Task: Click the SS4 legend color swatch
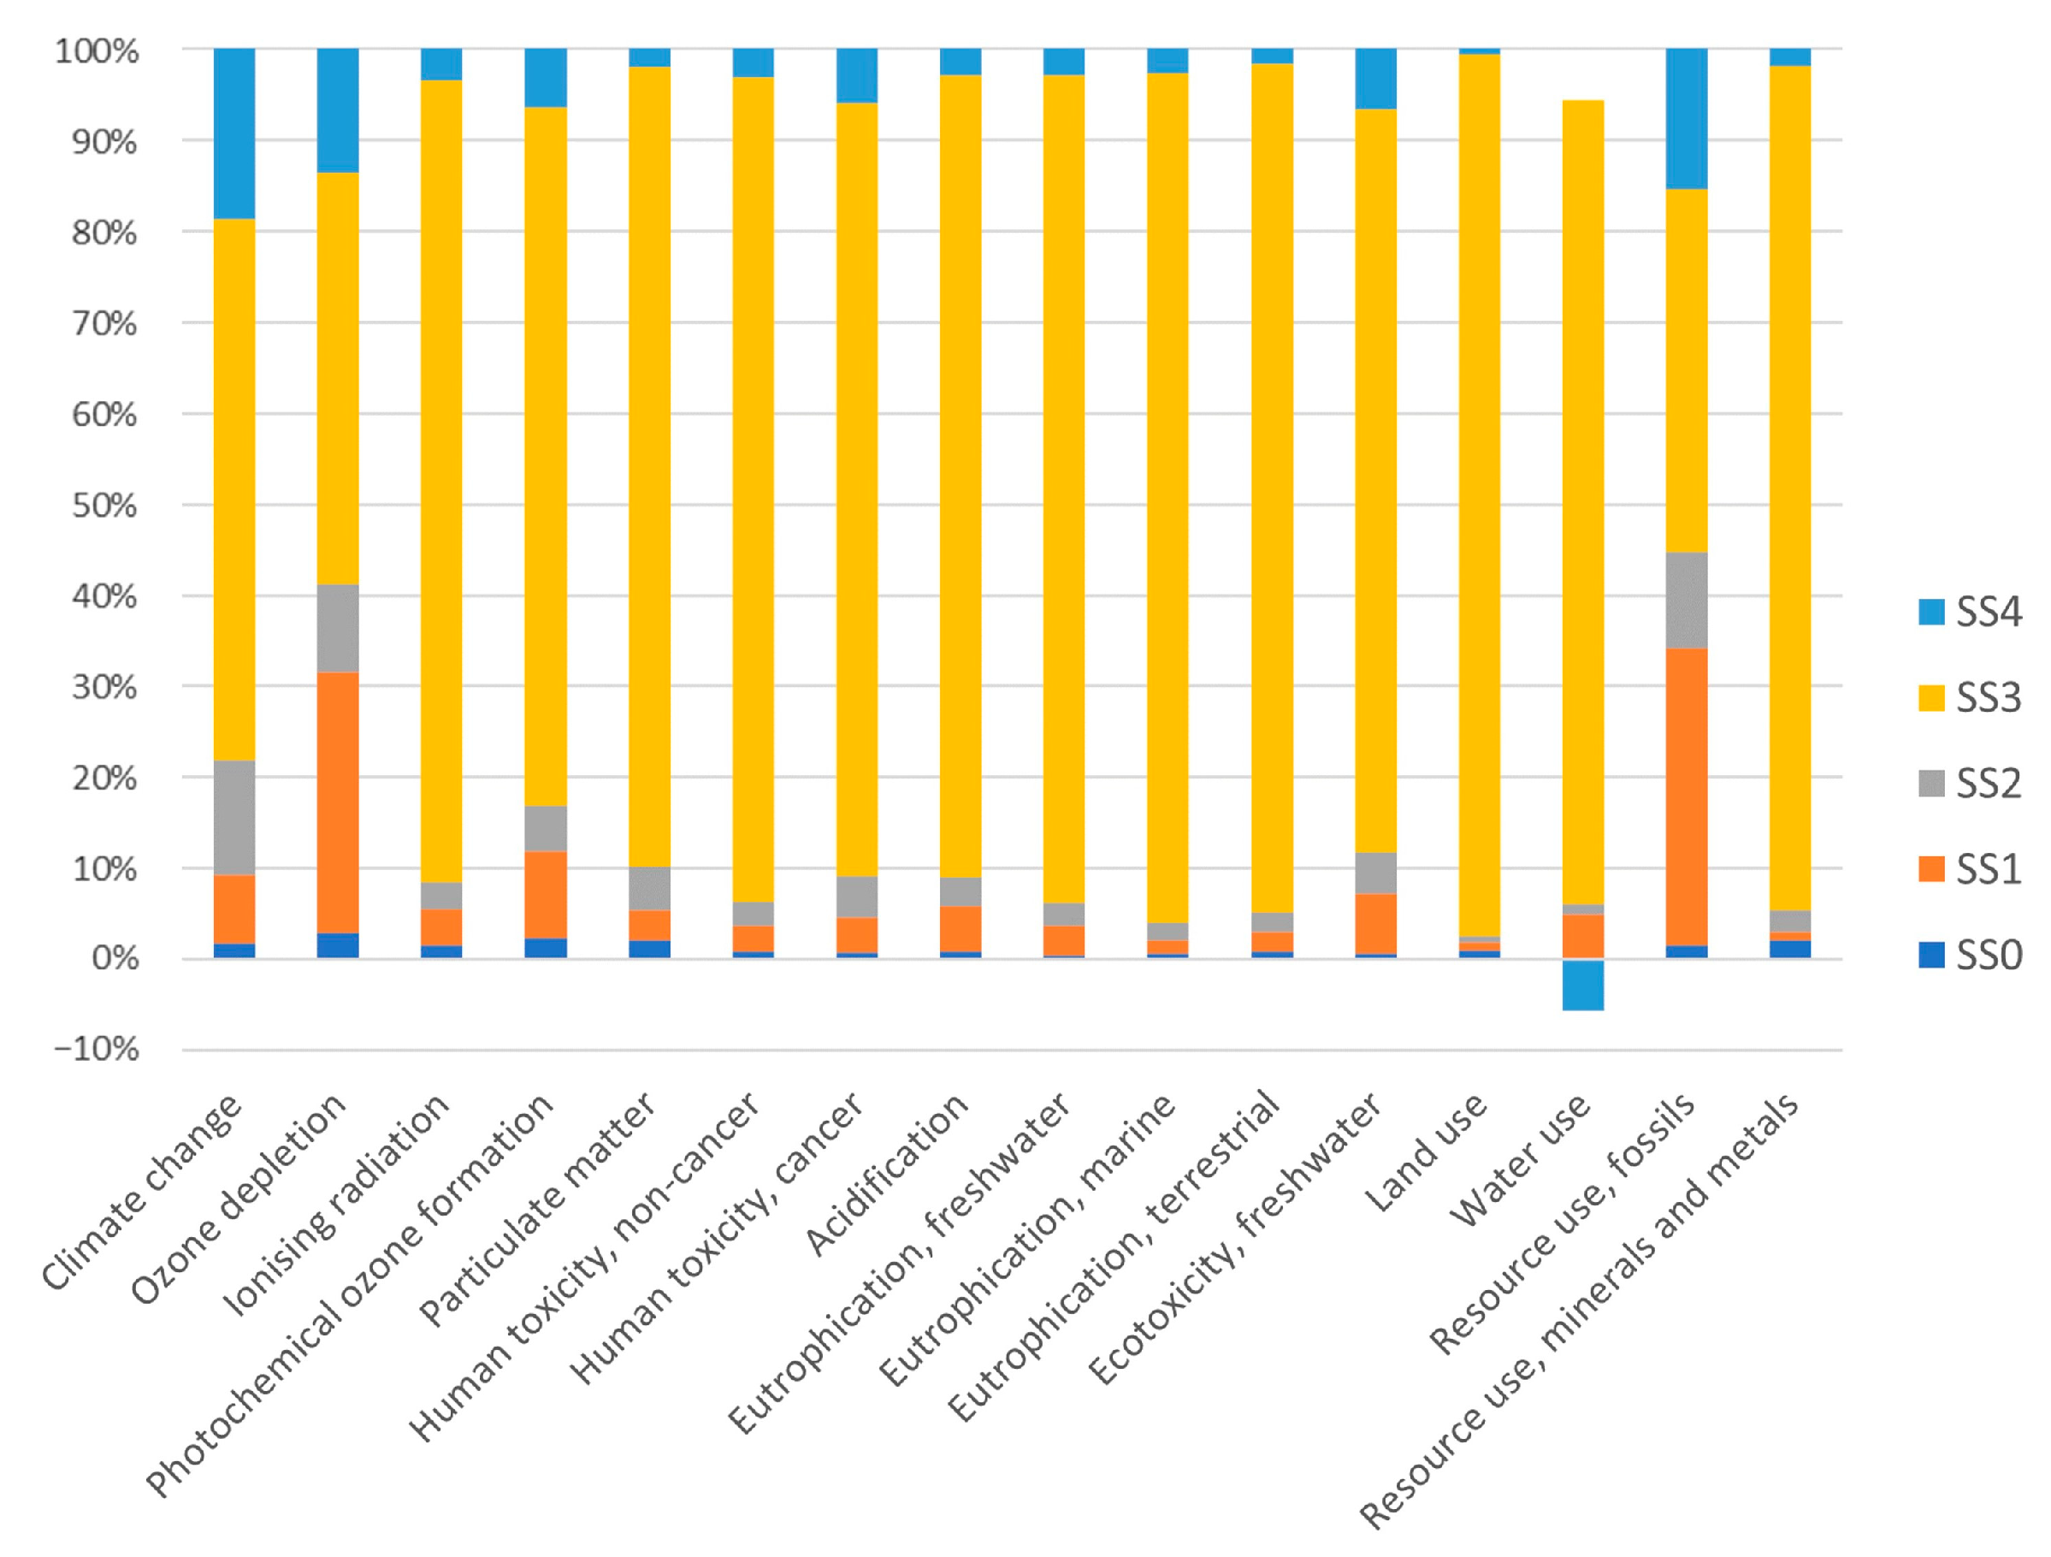click(x=1931, y=612)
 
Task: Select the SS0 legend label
click(x=1989, y=955)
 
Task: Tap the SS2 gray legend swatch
click(x=1931, y=784)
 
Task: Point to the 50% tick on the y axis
click(x=103, y=506)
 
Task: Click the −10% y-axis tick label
click(x=98, y=1050)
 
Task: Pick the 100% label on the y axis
click(x=98, y=51)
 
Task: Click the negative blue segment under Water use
click(x=1583, y=984)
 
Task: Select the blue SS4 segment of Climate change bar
click(x=234, y=133)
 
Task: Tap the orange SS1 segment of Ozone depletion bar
click(x=339, y=802)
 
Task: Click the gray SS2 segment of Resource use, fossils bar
click(x=1687, y=600)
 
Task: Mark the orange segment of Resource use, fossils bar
click(x=1687, y=796)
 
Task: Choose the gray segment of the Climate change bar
click(x=234, y=817)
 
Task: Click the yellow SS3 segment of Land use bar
click(x=1479, y=492)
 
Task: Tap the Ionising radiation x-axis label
click(x=340, y=1205)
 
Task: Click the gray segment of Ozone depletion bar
click(x=339, y=628)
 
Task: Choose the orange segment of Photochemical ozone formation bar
click(x=547, y=895)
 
